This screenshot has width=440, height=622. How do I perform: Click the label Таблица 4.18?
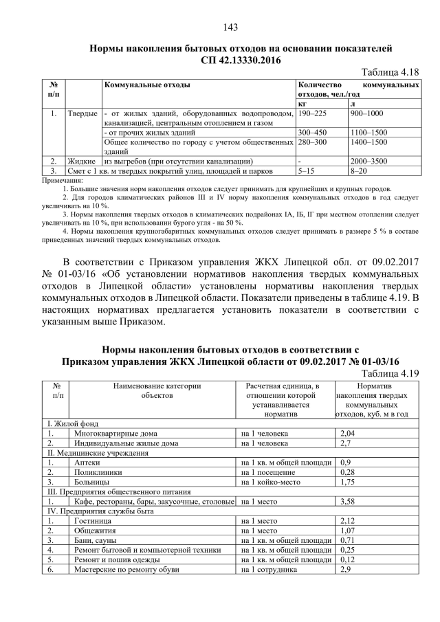point(390,71)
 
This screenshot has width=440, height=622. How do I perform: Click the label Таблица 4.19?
point(390,373)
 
